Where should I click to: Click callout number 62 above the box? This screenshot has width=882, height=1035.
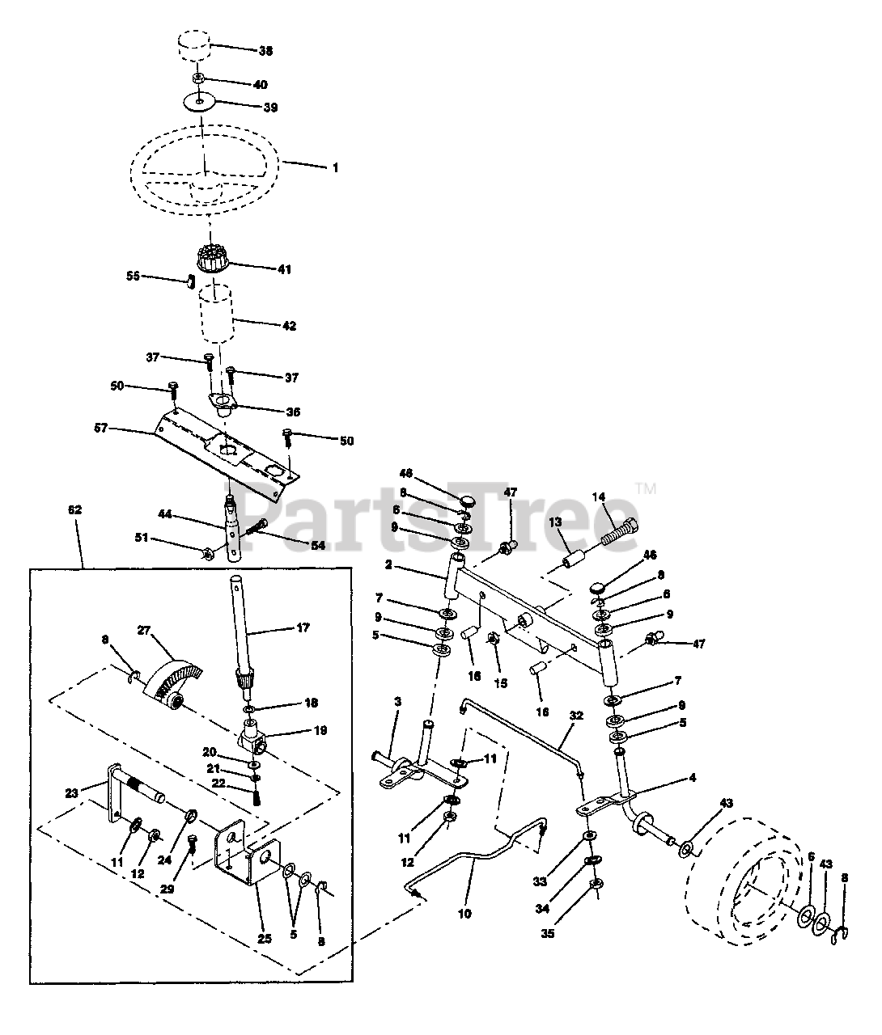pyautogui.click(x=74, y=510)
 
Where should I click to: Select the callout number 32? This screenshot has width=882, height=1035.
pyautogui.click(x=576, y=716)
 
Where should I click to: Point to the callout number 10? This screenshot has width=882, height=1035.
pyautogui.click(x=464, y=915)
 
